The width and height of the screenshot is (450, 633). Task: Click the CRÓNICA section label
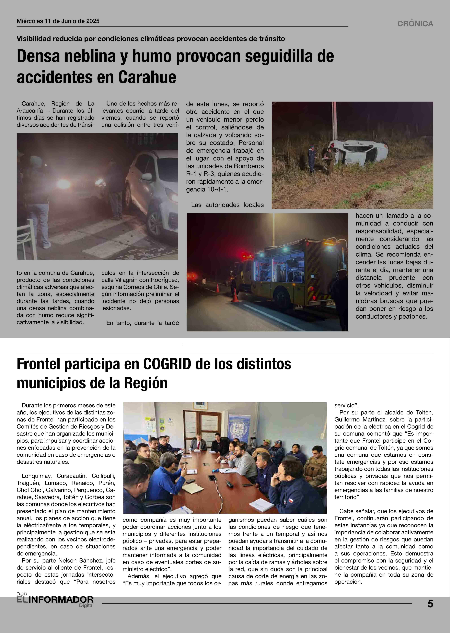415,24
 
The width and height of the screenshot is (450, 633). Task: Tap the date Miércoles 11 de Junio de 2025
58,21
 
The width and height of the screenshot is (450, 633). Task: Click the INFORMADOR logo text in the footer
61,600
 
